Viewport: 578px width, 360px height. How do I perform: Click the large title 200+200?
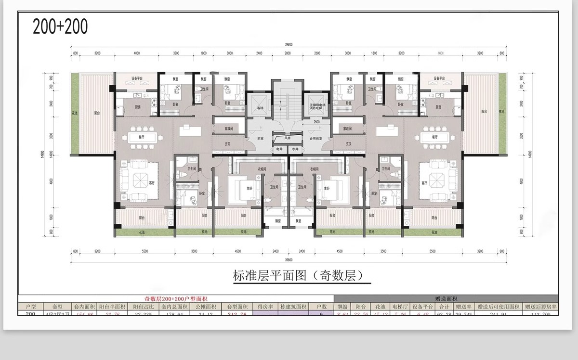tap(60, 26)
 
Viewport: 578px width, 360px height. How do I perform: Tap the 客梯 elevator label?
tap(260, 109)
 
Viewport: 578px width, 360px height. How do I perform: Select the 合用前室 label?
tap(315, 138)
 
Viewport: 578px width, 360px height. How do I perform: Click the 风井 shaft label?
tap(288, 138)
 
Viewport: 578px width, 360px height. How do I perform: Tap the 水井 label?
tap(296, 149)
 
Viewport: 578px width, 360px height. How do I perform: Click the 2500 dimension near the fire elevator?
tap(316, 122)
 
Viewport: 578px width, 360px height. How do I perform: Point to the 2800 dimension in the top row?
tap(288, 53)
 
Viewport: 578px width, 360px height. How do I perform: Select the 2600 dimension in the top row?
tap(317, 53)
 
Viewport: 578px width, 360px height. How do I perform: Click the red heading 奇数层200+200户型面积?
tap(176, 299)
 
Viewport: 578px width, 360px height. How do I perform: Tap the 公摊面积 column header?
tap(206, 306)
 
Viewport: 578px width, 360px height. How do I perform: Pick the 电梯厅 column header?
tap(400, 306)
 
